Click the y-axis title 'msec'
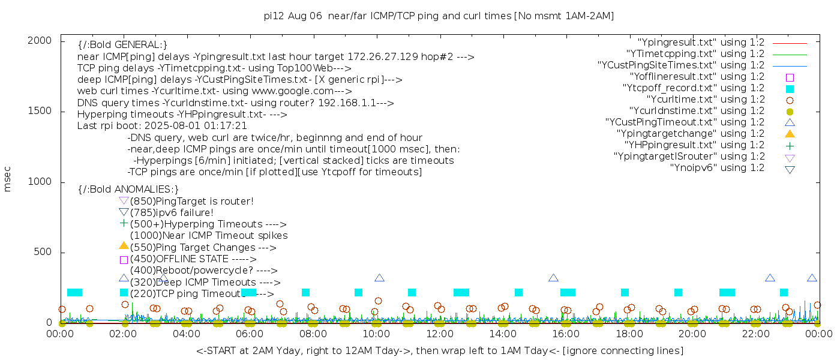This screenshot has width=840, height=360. point(8,179)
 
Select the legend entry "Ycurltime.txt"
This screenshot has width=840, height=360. point(705,99)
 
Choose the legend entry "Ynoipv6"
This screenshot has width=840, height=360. point(717,167)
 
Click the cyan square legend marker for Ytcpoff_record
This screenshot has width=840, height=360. point(790,88)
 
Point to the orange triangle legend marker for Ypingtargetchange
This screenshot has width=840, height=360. point(790,133)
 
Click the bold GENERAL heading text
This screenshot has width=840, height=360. point(122,45)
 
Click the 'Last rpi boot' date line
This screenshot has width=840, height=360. point(162,126)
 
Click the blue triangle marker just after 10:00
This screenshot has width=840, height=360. point(379,278)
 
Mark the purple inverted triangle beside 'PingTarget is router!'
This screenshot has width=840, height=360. point(124,201)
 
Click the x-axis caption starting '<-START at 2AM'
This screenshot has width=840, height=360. point(439,350)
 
